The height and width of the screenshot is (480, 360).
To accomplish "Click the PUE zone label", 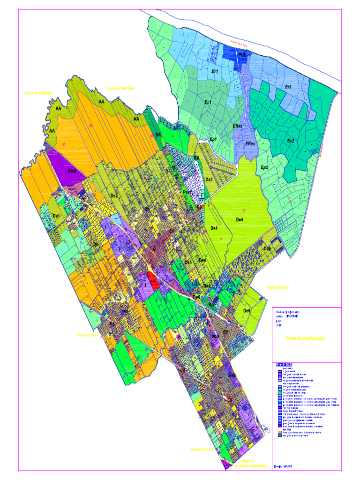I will pyautogui.click(x=242, y=55).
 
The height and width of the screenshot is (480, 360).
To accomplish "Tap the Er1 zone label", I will pyautogui.click(x=216, y=71).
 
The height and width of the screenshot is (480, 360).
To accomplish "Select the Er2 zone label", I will pyautogui.click(x=288, y=87).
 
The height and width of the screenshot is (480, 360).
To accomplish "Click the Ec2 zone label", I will pyautogui.click(x=291, y=141).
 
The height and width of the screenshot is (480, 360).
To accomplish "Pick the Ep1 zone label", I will pyautogui.click(x=213, y=139).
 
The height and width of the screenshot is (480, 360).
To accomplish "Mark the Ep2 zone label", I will pyautogui.click(x=264, y=167).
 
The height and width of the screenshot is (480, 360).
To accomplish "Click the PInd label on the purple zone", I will pyautogui.click(x=72, y=172).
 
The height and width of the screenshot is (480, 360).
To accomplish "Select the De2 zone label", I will pyautogui.click(x=114, y=195).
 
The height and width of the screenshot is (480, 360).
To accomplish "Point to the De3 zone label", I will pyautogui.click(x=209, y=180).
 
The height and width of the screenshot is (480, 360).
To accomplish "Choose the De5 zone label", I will pyautogui.click(x=188, y=262).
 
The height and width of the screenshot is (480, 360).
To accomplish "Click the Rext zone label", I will pyautogui.click(x=188, y=193).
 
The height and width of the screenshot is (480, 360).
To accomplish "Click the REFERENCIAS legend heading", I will pyautogui.click(x=285, y=365).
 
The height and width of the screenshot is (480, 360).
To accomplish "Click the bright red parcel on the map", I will pyautogui.click(x=151, y=277).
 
